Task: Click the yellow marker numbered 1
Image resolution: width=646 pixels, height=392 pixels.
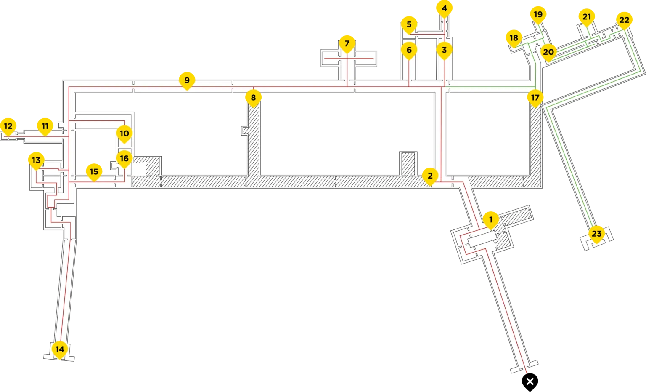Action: click(x=490, y=219)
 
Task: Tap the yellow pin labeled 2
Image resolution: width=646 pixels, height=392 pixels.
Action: click(x=430, y=176)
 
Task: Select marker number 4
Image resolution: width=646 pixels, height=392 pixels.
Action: click(x=445, y=8)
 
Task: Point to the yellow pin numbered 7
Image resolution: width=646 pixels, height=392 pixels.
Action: click(x=347, y=43)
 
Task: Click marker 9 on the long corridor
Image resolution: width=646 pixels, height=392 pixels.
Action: click(x=187, y=80)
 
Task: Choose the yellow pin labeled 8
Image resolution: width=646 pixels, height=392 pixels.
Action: click(x=253, y=98)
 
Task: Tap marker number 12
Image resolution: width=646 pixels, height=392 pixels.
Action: click(x=8, y=126)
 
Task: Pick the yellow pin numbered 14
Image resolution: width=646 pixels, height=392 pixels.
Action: click(x=60, y=349)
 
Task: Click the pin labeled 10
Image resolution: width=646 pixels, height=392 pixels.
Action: click(x=124, y=133)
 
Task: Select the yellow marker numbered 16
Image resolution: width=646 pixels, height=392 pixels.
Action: click(x=124, y=159)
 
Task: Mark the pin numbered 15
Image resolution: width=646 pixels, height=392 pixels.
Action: click(x=94, y=171)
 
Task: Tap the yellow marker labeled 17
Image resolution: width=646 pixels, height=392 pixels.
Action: click(x=535, y=98)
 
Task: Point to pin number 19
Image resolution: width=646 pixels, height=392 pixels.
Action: click(x=538, y=14)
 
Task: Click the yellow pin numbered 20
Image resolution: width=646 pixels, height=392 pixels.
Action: click(x=548, y=52)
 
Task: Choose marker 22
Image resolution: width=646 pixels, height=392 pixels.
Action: click(x=625, y=20)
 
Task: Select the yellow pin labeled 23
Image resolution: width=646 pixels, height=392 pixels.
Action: click(x=597, y=234)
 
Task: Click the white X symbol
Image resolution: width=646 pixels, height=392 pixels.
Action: click(x=530, y=381)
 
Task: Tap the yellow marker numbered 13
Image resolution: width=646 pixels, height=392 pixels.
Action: click(x=36, y=160)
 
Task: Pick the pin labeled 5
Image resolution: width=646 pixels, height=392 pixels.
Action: click(x=409, y=24)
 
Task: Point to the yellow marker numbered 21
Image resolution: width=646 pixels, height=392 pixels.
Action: click(x=587, y=17)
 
